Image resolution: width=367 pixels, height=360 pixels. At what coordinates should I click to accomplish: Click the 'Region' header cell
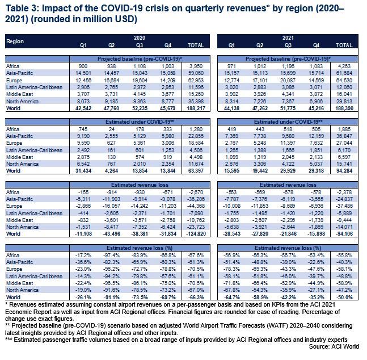point(15,41)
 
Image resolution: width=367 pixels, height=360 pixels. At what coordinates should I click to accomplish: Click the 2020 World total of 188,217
point(196,108)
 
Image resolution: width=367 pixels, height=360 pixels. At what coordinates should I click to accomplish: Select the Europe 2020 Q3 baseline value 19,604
point(140,81)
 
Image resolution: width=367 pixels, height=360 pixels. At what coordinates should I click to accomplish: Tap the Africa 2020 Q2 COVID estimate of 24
point(112,129)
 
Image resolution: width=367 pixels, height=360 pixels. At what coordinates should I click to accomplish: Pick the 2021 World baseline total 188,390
point(344,108)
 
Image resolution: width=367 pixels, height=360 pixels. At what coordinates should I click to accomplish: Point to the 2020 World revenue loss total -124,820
point(196,234)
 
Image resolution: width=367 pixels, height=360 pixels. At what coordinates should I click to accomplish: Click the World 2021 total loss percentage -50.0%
point(344,297)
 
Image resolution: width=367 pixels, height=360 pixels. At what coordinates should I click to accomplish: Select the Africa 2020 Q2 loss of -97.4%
point(112,255)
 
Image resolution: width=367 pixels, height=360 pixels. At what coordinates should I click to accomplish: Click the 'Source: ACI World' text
point(334,346)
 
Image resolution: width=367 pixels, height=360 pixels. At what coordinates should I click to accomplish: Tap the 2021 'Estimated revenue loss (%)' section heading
point(288,248)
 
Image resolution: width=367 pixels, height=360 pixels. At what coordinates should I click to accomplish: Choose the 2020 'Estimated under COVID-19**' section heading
point(140,122)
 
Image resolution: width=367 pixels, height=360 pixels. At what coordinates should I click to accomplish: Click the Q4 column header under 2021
point(316,45)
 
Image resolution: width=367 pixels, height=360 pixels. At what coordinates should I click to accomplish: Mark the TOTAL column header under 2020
point(196,45)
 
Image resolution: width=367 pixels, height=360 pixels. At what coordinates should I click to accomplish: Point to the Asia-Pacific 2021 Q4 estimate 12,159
point(316,136)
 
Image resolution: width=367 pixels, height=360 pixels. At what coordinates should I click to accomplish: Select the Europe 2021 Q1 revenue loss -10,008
point(231,206)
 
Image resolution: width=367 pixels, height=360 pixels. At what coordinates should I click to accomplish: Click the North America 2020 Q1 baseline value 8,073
point(83,101)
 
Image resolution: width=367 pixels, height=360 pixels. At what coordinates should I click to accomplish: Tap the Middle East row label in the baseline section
point(20,94)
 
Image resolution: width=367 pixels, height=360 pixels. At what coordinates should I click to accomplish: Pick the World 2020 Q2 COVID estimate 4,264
point(112,170)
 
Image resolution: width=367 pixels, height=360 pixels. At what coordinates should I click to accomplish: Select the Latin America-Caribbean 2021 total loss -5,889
point(344,214)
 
